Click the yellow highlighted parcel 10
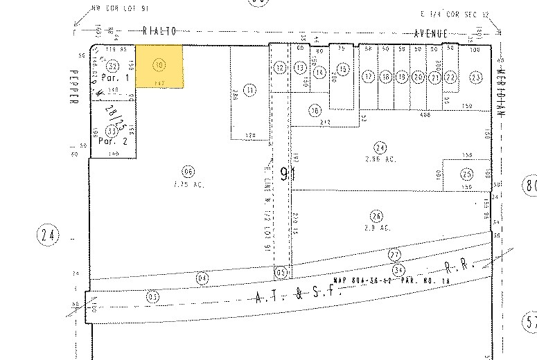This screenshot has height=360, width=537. pyautogui.click(x=159, y=66)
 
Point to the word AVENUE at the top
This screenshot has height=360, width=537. pyautogui.click(x=432, y=33)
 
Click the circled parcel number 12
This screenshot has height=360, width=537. pyautogui.click(x=279, y=67)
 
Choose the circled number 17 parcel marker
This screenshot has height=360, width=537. pyautogui.click(x=368, y=76)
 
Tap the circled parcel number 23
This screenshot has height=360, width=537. pyautogui.click(x=475, y=78)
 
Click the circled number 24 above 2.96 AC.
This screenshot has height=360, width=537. pyautogui.click(x=378, y=146)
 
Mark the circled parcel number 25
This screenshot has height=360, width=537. pyautogui.click(x=467, y=172)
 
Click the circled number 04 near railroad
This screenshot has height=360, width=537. pyautogui.click(x=202, y=278)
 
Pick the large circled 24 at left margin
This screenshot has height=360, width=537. pyautogui.click(x=48, y=236)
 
